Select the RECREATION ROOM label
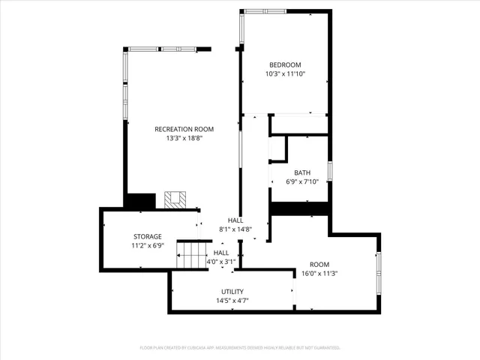184,129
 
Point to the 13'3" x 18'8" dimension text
184,139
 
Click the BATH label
302,172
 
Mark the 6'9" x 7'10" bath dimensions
302,181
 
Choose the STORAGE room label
148,236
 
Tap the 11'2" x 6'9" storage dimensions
148,246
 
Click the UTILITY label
232,292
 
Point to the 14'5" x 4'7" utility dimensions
232,301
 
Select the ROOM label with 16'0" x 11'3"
319,264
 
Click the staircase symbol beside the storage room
192,256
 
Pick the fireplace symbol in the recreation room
175,200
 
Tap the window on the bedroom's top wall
264,11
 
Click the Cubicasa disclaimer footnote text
240,348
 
